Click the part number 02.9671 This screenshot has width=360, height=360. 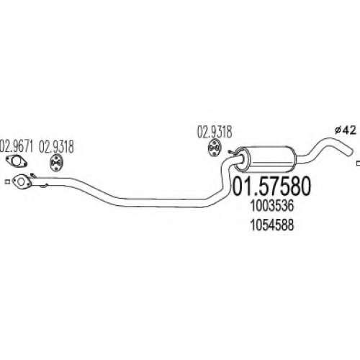[x=17, y=147]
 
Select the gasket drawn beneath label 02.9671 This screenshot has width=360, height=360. [x=17, y=161]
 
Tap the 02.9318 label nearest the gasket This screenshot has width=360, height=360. [x=56, y=147]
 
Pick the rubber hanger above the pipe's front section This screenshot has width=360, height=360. [x=56, y=163]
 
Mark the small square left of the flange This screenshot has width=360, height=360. [x=7, y=181]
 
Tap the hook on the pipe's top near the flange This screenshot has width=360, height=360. [x=32, y=175]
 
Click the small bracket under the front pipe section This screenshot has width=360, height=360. [x=44, y=186]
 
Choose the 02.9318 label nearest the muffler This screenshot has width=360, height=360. [x=215, y=132]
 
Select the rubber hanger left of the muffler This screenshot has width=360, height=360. [x=214, y=148]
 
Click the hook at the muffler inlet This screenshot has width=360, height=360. [x=231, y=152]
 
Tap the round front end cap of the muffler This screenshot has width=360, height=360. [x=242, y=160]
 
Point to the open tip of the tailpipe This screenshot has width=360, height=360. [x=350, y=152]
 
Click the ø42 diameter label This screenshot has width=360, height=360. [x=345, y=130]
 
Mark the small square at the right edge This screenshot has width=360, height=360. [x=359, y=163]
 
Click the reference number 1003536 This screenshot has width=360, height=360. [x=272, y=206]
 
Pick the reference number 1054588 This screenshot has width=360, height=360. [x=272, y=225]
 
